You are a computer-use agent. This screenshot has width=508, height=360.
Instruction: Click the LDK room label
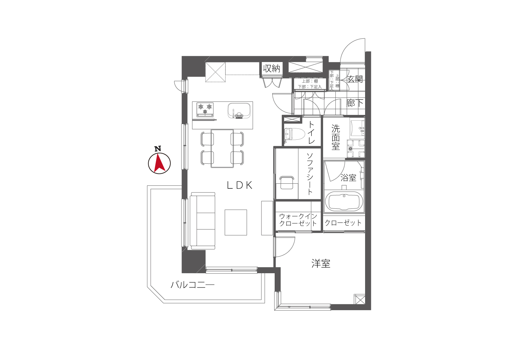pyautogui.click(x=239, y=185)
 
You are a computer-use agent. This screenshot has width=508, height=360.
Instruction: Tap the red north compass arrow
pyautogui.click(x=160, y=162)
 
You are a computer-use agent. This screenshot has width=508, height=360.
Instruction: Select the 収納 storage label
pyautogui.click(x=272, y=68)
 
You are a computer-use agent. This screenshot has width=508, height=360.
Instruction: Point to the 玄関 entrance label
pyautogui.click(x=355, y=79)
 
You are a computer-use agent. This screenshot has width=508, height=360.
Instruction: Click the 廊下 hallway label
pyautogui.click(x=355, y=103)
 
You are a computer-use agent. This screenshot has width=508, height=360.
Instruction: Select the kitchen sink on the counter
pyautogui.click(x=239, y=111)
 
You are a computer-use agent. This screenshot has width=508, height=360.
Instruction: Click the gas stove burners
pyautogui.click(x=205, y=109)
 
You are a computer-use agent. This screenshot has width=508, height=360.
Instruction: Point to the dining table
pyautogui.click(x=222, y=148)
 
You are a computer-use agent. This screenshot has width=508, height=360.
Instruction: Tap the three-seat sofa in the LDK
pyautogui.click(x=202, y=221)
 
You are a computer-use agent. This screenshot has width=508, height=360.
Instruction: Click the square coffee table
pyautogui.click(x=236, y=222)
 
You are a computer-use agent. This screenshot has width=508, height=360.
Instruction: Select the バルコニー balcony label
pyautogui.click(x=193, y=285)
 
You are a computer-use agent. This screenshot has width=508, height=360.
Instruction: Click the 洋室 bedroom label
pyautogui.click(x=321, y=264)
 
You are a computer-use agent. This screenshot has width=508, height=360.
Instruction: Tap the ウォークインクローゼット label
pyautogui.click(x=298, y=220)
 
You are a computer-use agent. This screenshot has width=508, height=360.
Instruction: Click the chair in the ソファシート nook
pyautogui.click(x=287, y=182)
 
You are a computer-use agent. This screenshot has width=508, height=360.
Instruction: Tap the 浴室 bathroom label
pyautogui.click(x=348, y=178)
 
